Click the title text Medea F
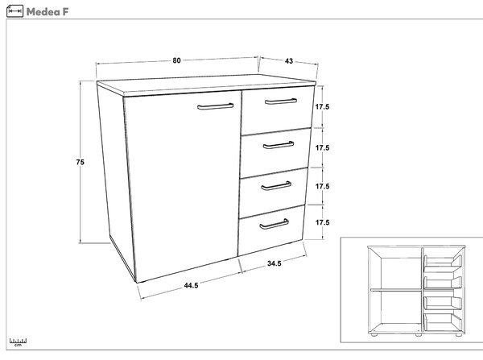(47, 12)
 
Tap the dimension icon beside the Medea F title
(14, 11)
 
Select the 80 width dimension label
(176, 60)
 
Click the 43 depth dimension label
(289, 61)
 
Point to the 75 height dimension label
(80, 162)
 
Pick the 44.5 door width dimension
(191, 285)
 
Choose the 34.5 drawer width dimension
(275, 263)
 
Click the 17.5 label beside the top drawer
(322, 106)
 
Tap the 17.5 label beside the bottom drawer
(322, 222)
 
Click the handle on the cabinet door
(215, 106)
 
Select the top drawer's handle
(281, 101)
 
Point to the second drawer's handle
(279, 145)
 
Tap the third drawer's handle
(276, 186)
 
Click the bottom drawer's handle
(274, 224)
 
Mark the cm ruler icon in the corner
(18, 342)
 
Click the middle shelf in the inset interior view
(396, 290)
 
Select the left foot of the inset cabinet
(374, 334)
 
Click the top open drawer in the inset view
(443, 262)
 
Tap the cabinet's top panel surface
(206, 84)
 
